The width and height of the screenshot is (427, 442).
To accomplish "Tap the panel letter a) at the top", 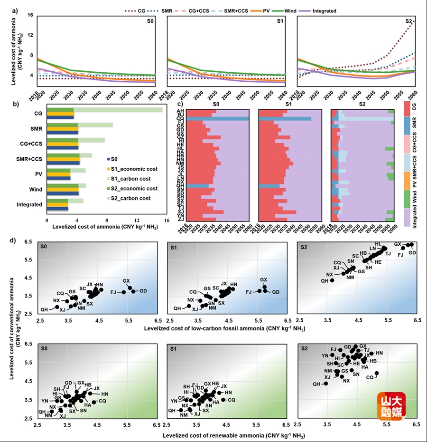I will (15, 10).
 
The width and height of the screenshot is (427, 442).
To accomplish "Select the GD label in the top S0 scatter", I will (142, 291).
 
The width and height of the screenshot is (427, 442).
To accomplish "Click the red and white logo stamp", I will (391, 407).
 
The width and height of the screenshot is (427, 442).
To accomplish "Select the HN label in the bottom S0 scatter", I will (104, 394).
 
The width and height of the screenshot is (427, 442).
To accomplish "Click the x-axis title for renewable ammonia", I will (233, 435).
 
